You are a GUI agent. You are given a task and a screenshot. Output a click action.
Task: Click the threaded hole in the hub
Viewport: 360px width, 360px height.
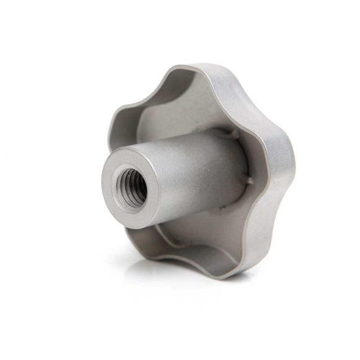tap(131, 185)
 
